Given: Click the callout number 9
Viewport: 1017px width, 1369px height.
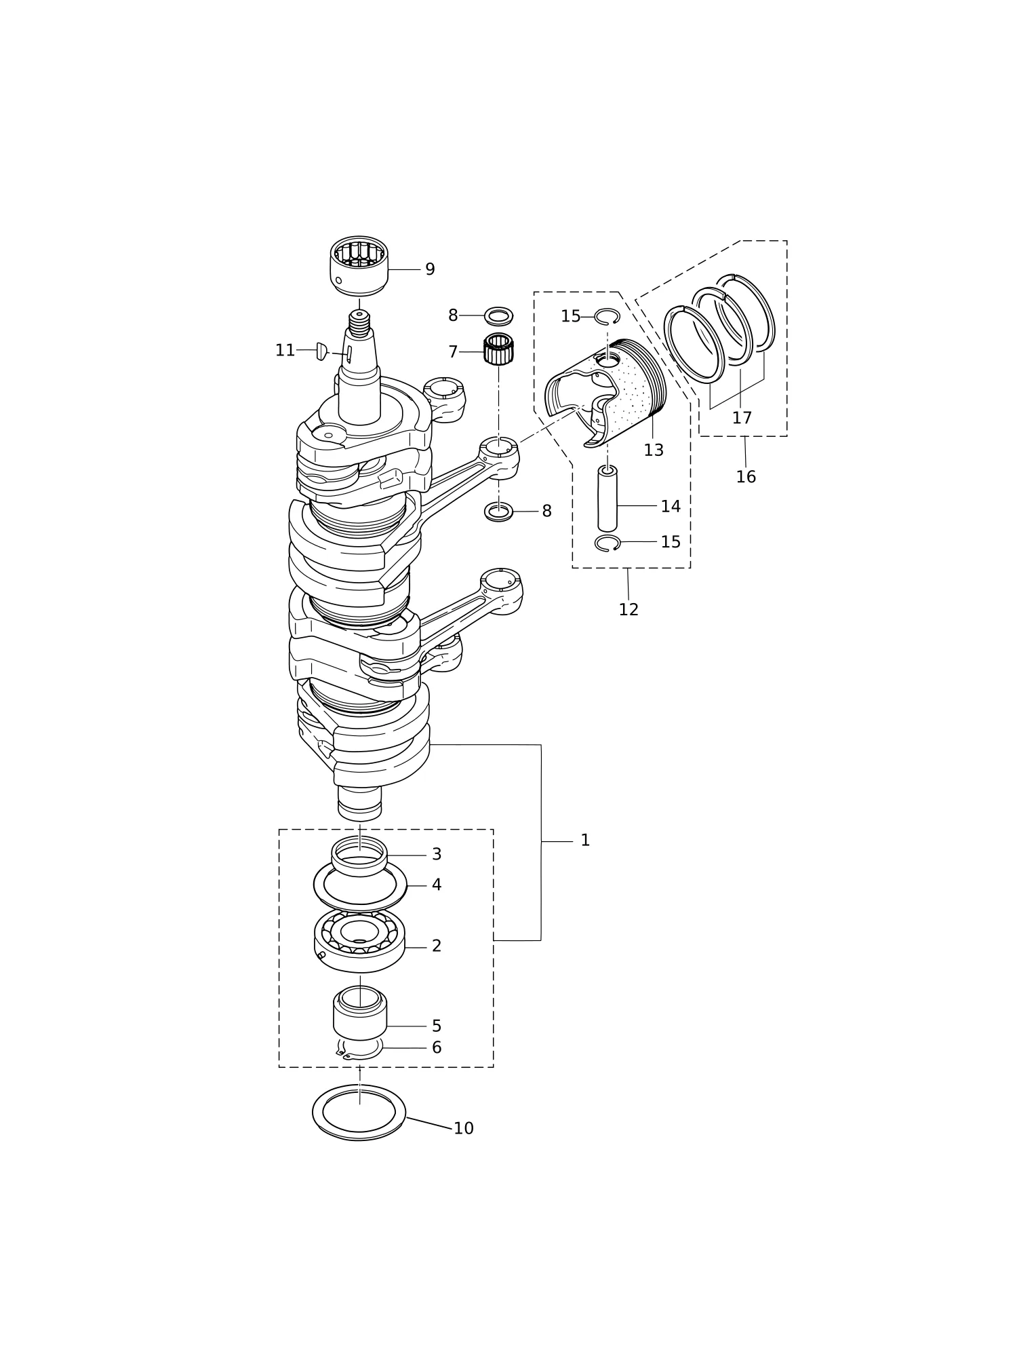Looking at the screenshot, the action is tap(430, 269).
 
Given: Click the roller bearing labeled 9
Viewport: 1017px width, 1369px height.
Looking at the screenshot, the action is tap(359, 266).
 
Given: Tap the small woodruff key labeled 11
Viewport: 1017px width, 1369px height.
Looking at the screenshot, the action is tap(322, 351).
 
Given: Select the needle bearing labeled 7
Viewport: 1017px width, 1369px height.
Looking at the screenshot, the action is tap(498, 349).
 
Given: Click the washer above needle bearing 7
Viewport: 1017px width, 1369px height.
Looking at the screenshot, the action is tap(498, 316).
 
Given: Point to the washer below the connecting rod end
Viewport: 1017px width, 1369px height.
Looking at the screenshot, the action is tap(499, 512).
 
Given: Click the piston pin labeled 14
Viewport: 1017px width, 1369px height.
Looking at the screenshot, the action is tap(607, 499).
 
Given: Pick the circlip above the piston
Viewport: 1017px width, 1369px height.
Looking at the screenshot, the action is tap(607, 316).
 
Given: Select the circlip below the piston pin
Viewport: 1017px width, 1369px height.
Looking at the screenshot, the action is tap(607, 543).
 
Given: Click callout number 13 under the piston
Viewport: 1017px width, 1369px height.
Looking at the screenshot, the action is tap(654, 450).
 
